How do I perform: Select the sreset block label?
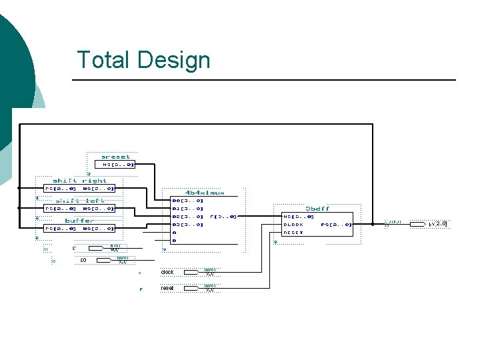[x=115, y=157]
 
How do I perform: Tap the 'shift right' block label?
[x=79, y=181]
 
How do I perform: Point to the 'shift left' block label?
[x=79, y=201]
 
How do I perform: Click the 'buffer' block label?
[x=79, y=221]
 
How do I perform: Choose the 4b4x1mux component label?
[x=205, y=193]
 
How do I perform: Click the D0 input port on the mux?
[x=187, y=201]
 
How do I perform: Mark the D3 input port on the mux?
[x=187, y=225]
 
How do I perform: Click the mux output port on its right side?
[x=223, y=217]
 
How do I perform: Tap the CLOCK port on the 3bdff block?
[x=293, y=225]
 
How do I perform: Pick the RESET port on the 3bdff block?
[x=293, y=233]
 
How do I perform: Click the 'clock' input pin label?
[x=167, y=272]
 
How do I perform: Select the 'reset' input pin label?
[x=167, y=288]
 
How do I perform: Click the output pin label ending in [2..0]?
[x=438, y=224]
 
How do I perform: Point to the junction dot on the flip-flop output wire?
[x=373, y=224]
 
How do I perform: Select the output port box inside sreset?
[x=118, y=164]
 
